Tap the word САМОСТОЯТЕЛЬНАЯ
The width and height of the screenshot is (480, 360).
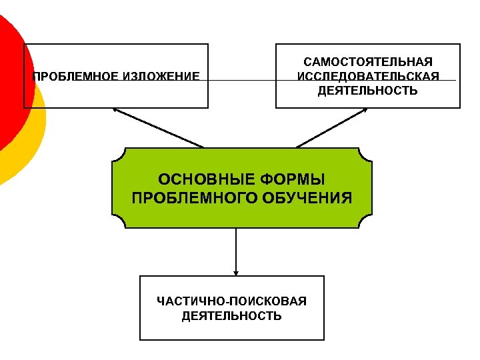click(368, 62)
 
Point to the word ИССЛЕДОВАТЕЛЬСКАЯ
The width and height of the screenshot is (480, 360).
click(368, 76)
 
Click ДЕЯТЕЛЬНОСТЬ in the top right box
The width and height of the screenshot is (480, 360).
click(368, 90)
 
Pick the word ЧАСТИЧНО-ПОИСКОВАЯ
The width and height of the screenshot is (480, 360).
click(231, 301)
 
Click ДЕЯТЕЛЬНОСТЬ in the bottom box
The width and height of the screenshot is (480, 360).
click(231, 316)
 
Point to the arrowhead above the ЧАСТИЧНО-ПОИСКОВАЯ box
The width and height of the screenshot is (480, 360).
click(236, 272)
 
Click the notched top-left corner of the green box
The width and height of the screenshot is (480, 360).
click(117, 155)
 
